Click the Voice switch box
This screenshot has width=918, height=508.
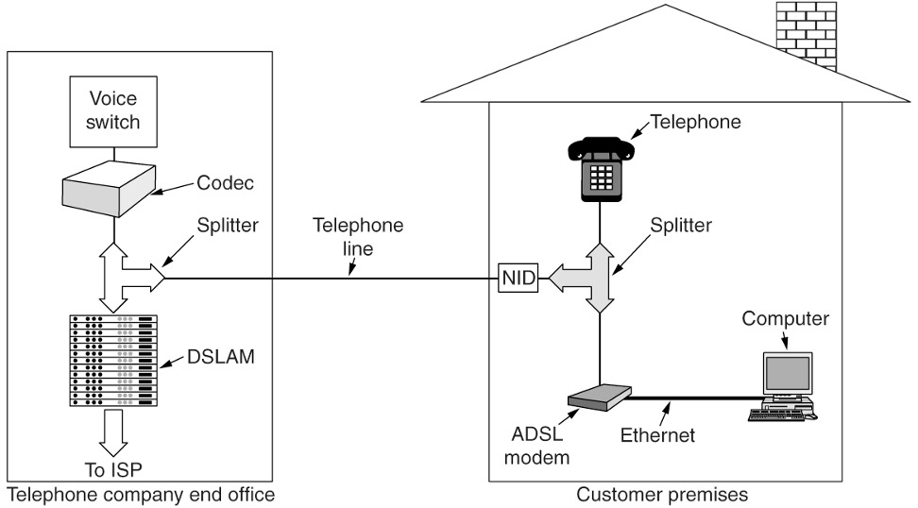112,111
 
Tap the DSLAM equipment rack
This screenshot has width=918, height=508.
112,359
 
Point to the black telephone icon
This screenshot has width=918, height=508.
599,167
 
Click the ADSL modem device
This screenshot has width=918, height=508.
597,398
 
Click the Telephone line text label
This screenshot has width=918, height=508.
358,238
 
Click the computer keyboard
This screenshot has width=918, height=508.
780,413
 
